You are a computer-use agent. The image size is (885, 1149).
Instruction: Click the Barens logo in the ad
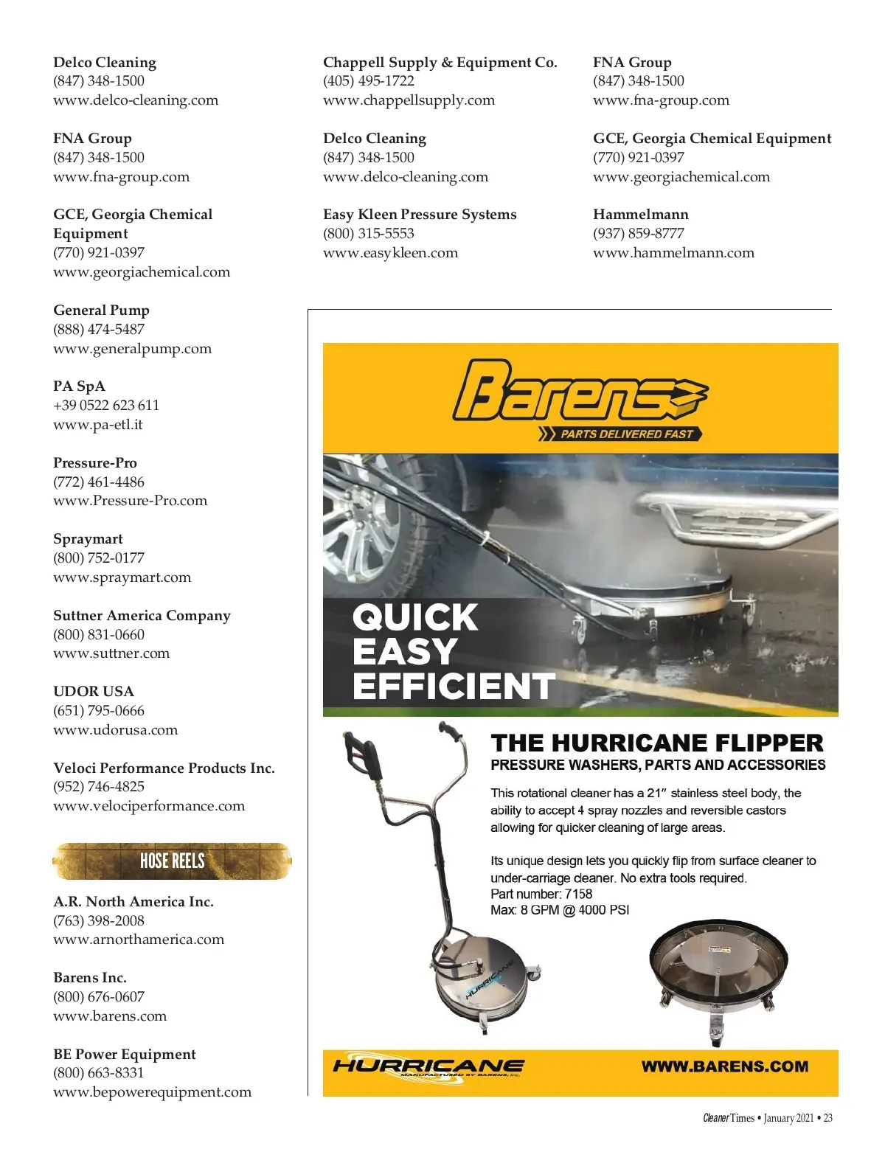pyautogui.click(x=579, y=391)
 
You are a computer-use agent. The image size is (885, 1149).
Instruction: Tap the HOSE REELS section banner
pyautogui.click(x=172, y=861)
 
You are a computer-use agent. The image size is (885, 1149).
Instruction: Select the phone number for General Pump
pyautogui.click(x=99, y=330)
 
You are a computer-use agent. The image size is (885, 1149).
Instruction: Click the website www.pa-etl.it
pyautogui.click(x=98, y=425)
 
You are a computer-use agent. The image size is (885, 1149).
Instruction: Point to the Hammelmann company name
pyautogui.click(x=640, y=215)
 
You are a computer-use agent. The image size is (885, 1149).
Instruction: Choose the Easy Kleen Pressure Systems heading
pyautogui.click(x=420, y=215)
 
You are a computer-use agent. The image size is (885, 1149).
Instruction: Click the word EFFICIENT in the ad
pyautogui.click(x=454, y=686)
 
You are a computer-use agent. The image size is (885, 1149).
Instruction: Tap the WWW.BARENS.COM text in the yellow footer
pyautogui.click(x=724, y=1066)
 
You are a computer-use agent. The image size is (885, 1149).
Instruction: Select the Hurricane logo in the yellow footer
pyautogui.click(x=428, y=1066)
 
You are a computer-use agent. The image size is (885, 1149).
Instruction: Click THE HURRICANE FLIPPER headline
pyautogui.click(x=656, y=743)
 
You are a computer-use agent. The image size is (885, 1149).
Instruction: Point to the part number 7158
pyautogui.click(x=578, y=894)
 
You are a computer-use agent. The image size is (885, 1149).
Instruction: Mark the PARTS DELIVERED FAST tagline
pyautogui.click(x=625, y=434)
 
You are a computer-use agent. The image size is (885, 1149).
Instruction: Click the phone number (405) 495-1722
pyautogui.click(x=369, y=81)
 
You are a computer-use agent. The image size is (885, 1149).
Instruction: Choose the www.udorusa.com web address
pyautogui.click(x=116, y=730)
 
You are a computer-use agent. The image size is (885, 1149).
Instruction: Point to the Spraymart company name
pyautogui.click(x=88, y=539)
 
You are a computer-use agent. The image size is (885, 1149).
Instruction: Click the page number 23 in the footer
pyautogui.click(x=827, y=1118)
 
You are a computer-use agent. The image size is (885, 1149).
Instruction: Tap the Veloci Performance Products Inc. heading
pyautogui.click(x=164, y=768)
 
